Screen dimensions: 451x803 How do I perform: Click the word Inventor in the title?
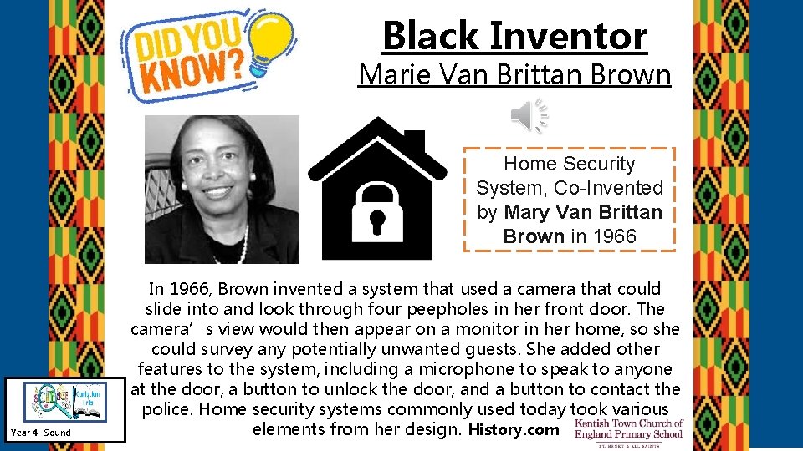569,36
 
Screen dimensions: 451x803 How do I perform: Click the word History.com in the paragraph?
513,430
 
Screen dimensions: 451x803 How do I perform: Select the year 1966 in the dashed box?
615,236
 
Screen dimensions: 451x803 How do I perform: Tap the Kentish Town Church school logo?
629,433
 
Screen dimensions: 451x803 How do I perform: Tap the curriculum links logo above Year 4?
64,400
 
